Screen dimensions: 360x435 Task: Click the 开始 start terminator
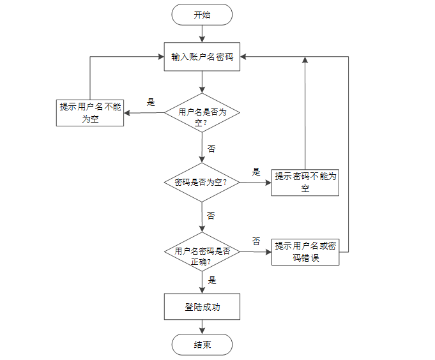click(x=202, y=15)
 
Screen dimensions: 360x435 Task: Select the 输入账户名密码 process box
click(x=202, y=57)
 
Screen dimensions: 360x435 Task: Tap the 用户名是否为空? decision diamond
click(x=202, y=113)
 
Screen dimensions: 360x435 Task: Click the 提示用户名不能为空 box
click(x=91, y=112)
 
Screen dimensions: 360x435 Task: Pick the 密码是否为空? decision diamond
click(x=202, y=183)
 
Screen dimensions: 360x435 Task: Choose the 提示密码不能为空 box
click(x=305, y=183)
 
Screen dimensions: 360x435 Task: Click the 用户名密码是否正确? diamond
click(x=202, y=252)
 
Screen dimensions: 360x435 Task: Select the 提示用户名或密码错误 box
click(x=305, y=252)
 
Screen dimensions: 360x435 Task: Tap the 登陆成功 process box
click(x=202, y=307)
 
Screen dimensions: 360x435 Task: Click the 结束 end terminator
click(x=202, y=345)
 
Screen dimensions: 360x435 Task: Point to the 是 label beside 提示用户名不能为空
click(x=151, y=102)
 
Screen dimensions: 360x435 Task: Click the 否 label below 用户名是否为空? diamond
click(x=211, y=148)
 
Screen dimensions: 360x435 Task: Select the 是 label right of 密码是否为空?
click(x=256, y=172)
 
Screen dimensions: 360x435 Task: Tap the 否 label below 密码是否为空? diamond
click(x=211, y=215)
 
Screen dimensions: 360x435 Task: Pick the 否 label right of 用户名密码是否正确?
click(x=256, y=241)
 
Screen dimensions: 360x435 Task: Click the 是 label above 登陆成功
click(x=212, y=280)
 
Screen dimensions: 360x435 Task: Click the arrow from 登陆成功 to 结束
click(x=202, y=327)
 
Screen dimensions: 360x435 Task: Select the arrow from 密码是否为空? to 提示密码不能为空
click(x=255, y=183)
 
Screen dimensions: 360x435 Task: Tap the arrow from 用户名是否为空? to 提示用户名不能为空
click(x=144, y=114)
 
